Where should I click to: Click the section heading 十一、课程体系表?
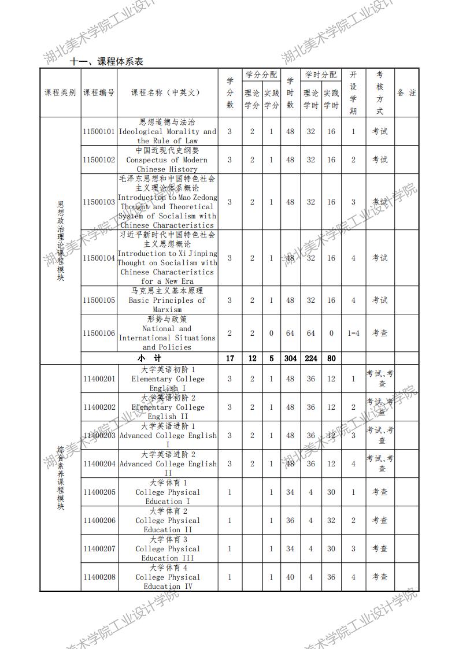pyautogui.click(x=106, y=61)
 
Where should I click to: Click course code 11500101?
pyautogui.click(x=99, y=131)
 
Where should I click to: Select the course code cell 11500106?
pyautogui.click(x=99, y=333)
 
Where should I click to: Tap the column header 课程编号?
pyautogui.click(x=99, y=92)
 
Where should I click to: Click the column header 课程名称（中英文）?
pyautogui.click(x=168, y=92)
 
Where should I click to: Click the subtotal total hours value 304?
pyautogui.click(x=290, y=358)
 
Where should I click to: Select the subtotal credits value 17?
pyautogui.click(x=229, y=358)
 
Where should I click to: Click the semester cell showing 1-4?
pyautogui.click(x=353, y=333)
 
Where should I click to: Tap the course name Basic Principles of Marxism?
pyautogui.click(x=167, y=300)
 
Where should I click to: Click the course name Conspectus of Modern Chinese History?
pyautogui.click(x=167, y=160)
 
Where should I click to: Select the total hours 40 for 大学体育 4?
pyautogui.click(x=290, y=577)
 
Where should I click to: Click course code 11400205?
pyautogui.click(x=99, y=492)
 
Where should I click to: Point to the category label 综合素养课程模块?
pyautogui.click(x=60, y=477)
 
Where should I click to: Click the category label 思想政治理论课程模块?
pyautogui.click(x=61, y=241)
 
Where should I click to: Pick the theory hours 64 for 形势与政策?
pyautogui.click(x=311, y=333)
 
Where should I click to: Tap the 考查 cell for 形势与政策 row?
pyautogui.click(x=380, y=333)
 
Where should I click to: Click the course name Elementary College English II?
pyautogui.click(x=167, y=407)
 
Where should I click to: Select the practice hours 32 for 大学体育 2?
pyautogui.click(x=331, y=520)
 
